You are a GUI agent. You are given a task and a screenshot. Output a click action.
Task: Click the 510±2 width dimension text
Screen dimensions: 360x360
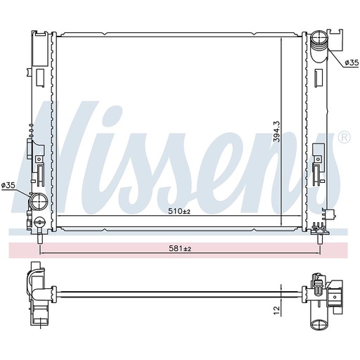click(x=179, y=211)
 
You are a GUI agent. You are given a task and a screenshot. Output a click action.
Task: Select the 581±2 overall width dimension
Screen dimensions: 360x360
click(x=179, y=249)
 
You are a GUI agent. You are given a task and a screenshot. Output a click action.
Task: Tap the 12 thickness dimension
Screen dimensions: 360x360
click(x=276, y=308)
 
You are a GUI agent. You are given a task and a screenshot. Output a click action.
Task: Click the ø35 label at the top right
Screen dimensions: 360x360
click(x=351, y=63)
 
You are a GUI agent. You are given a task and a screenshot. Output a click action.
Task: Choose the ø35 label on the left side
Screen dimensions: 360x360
click(x=8, y=186)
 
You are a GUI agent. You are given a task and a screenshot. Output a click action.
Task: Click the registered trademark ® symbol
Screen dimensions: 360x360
click(x=344, y=138)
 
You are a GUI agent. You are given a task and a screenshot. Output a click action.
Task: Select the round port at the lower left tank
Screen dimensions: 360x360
click(x=37, y=204)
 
